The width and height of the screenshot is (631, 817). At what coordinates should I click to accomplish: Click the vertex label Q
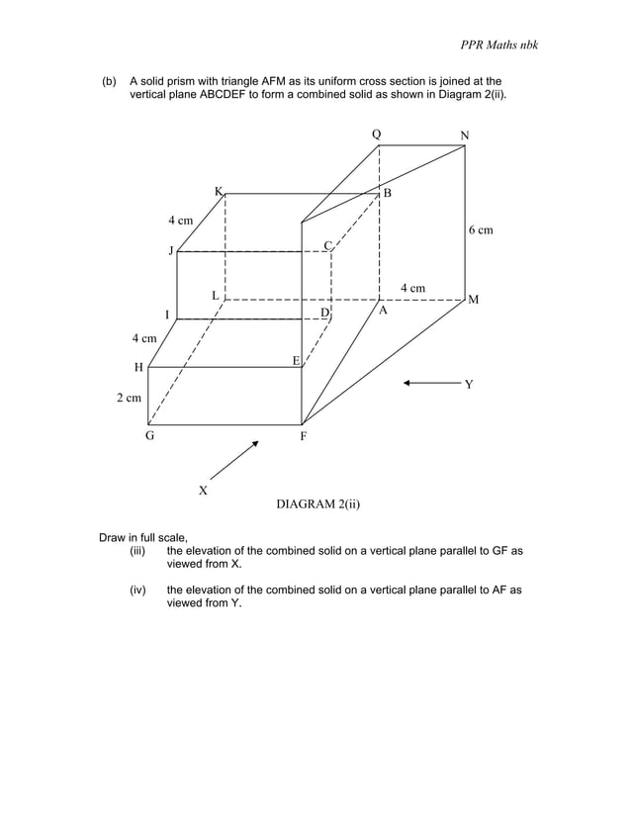tap(376, 134)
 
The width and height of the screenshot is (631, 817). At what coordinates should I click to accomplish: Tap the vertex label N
tap(465, 135)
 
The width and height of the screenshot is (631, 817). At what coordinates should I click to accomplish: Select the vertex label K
tap(219, 190)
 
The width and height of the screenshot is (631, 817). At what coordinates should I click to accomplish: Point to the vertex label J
tap(170, 251)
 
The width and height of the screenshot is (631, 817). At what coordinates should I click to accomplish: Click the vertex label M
tap(474, 299)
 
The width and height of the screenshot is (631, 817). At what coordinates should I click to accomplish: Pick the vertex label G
tap(150, 435)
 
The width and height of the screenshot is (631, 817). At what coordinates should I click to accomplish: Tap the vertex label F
tap(304, 436)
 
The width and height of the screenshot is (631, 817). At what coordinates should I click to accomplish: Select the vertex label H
tap(139, 367)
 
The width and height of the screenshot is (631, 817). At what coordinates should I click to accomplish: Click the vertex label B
tap(388, 193)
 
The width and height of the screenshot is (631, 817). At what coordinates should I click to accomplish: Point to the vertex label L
tap(214, 295)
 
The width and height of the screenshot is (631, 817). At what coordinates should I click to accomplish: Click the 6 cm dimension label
tap(480, 229)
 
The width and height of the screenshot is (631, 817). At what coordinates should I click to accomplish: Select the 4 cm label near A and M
tap(412, 288)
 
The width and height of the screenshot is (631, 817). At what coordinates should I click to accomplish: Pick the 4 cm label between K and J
tap(180, 219)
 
